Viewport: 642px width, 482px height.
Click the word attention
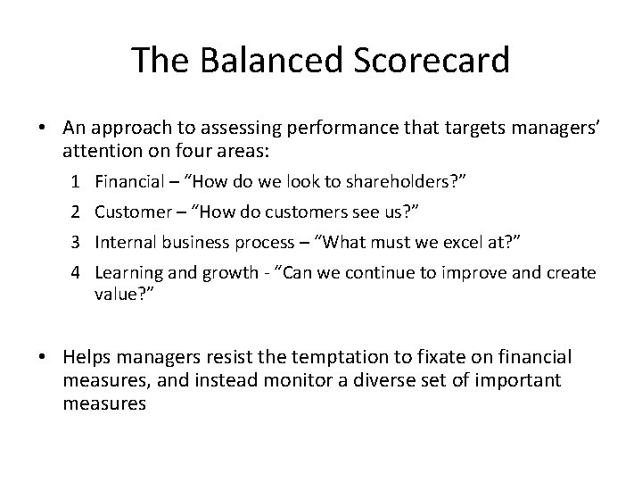pyautogui.click(x=98, y=147)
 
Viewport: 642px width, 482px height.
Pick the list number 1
pyautogui.click(x=76, y=183)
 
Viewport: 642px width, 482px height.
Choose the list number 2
pyautogui.click(x=76, y=212)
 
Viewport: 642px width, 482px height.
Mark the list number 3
pyautogui.click(x=76, y=241)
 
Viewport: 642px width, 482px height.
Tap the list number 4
pyautogui.click(x=76, y=272)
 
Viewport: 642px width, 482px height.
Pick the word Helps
pyautogui.click(x=86, y=357)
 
